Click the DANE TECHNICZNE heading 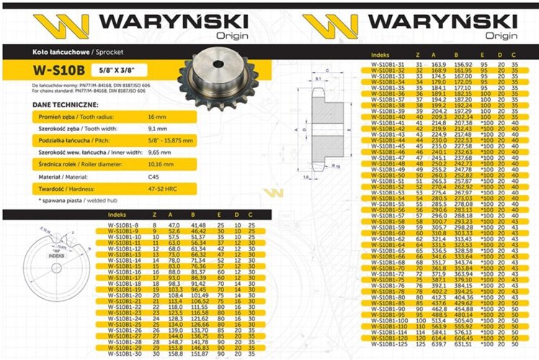42,104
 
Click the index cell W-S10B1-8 120,226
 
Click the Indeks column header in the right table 380,55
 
